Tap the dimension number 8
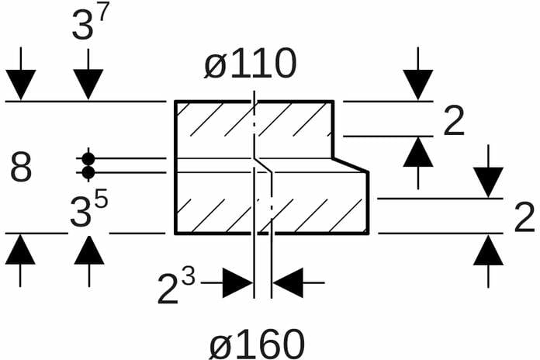[x=21, y=168]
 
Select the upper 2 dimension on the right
[x=454, y=122]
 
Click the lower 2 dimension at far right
[x=524, y=218]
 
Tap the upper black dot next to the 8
[x=88, y=158]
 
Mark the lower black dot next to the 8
[x=88, y=172]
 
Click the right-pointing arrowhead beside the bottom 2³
[x=237, y=283]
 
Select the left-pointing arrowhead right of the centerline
[x=288, y=283]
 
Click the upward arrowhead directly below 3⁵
[x=89, y=250]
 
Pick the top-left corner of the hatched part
[x=175, y=102]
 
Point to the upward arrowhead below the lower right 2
[x=488, y=250]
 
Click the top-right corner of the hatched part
[x=334, y=102]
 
